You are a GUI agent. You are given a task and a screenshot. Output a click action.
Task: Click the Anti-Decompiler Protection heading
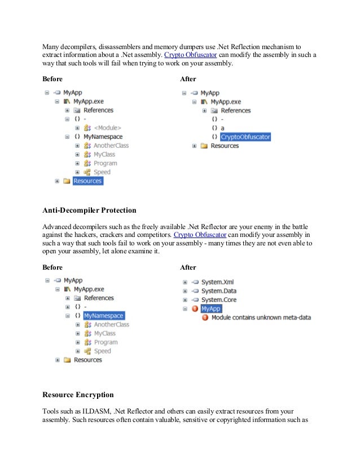90,210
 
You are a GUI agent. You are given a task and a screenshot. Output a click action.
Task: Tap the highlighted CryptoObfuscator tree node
245,137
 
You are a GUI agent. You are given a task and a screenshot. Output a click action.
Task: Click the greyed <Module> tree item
107,128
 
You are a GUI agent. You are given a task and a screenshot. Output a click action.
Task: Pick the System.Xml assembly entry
217,282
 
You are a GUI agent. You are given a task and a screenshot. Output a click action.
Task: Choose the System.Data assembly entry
219,291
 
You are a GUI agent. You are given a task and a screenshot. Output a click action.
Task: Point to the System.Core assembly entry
219,300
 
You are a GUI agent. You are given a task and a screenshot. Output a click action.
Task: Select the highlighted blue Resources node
87,181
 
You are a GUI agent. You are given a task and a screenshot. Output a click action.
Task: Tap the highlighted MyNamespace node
103,316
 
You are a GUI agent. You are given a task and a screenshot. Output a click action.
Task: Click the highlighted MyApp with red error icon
210,309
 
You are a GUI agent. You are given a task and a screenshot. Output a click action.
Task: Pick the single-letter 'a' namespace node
222,128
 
